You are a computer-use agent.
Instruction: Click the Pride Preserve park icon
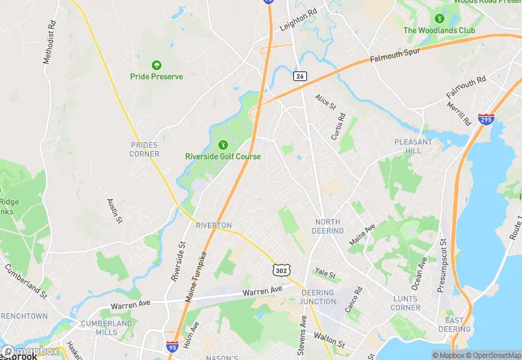(157, 65)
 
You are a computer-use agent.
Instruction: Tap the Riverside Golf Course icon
(223, 145)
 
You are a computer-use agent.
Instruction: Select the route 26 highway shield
(299, 76)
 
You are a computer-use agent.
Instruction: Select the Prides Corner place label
(144, 149)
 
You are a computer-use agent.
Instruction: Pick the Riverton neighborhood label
(214, 225)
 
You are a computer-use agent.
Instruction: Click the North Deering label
(328, 226)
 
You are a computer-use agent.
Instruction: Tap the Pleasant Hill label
(413, 146)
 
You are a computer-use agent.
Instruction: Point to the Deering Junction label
(317, 297)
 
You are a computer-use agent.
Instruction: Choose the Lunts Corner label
(406, 303)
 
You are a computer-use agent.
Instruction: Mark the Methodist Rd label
(48, 47)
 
